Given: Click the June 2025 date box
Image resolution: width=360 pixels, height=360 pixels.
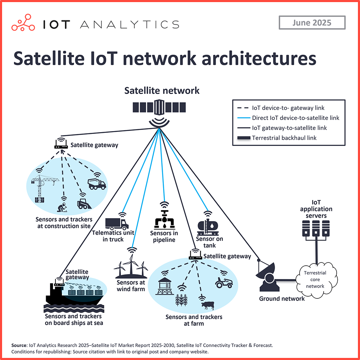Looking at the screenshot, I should [x=312, y=23].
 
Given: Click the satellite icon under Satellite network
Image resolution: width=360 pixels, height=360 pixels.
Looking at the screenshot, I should [x=159, y=108].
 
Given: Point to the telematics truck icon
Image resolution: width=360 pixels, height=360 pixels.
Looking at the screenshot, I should [x=116, y=224].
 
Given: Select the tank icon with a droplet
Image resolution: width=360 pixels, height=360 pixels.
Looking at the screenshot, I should [x=208, y=227].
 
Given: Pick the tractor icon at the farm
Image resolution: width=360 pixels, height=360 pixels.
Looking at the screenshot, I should [x=224, y=282].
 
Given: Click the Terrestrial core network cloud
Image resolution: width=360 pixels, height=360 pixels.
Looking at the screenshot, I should [x=315, y=279].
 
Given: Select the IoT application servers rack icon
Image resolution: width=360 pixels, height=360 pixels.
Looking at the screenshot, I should [x=316, y=230].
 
